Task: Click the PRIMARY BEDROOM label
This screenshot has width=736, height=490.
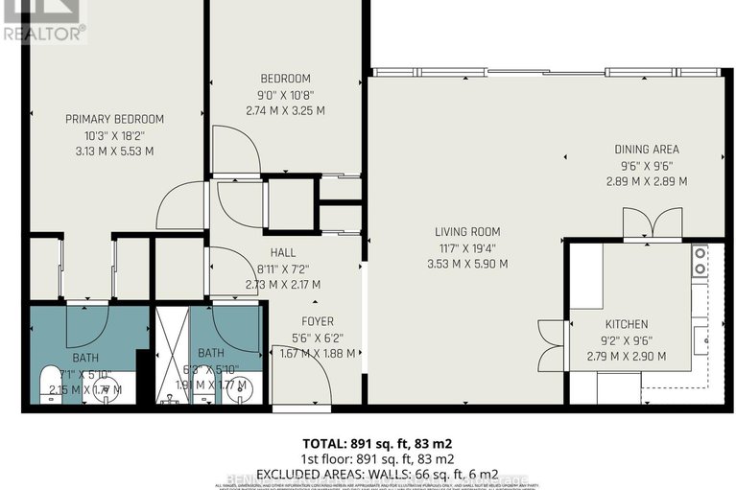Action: click(114, 119)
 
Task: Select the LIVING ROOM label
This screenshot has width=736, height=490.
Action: click(467, 232)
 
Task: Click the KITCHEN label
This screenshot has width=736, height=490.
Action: click(626, 324)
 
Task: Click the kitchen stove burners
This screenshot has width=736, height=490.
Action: click(700, 259)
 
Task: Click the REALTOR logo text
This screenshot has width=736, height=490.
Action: click(43, 33)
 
